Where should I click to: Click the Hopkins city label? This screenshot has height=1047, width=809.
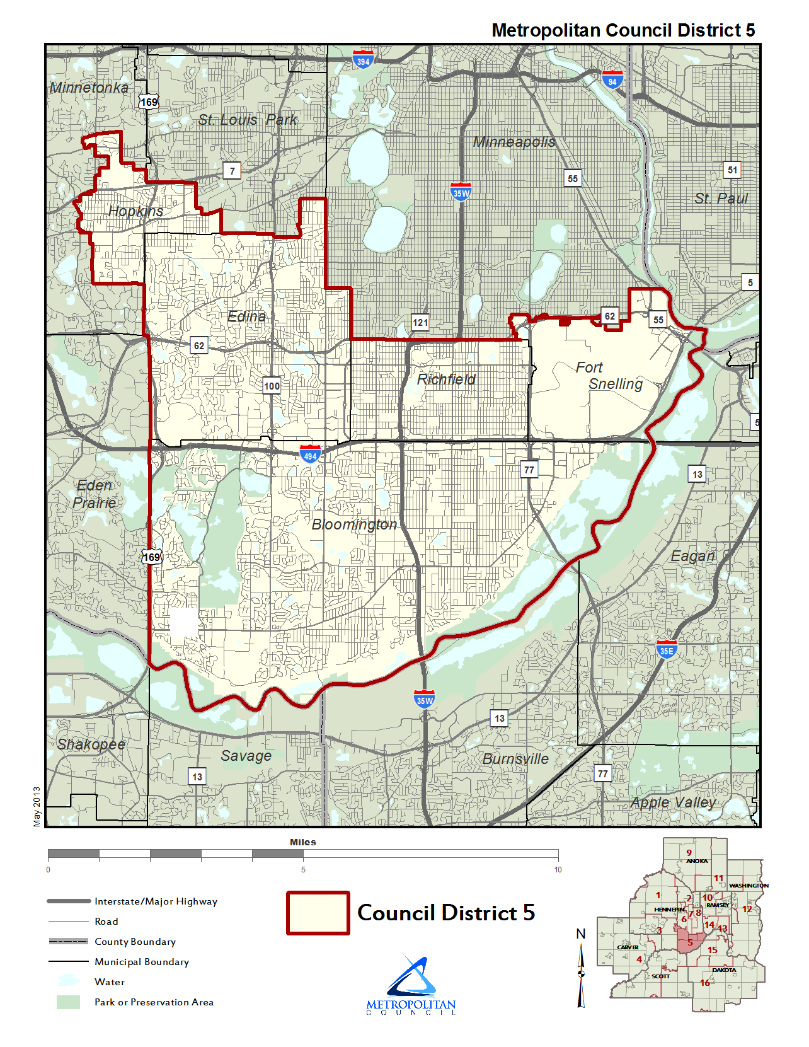point(135,211)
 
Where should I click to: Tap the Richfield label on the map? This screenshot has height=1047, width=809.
point(446,379)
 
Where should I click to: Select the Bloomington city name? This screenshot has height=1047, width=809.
point(354,524)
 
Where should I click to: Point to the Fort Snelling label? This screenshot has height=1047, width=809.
point(607,376)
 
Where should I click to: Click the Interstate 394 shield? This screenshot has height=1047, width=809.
point(363,60)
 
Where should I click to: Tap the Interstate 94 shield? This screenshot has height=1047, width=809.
point(612,80)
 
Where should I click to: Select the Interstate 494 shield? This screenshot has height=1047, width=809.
point(310,454)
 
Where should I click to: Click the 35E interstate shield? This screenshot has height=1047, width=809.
point(666,650)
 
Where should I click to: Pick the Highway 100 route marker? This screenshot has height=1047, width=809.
point(272,386)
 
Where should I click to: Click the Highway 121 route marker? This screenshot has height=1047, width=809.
point(420,322)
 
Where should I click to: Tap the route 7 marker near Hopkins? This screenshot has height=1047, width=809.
point(232,171)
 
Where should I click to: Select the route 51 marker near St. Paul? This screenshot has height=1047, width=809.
point(732,170)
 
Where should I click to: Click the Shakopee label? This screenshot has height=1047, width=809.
point(91,744)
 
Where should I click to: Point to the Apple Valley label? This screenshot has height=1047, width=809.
point(673,802)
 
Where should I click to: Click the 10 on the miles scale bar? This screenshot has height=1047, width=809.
point(558,870)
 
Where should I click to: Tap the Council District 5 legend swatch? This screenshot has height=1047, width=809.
point(318,913)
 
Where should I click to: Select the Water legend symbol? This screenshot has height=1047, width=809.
point(68,981)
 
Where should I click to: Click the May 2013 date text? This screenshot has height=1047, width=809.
point(37,806)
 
